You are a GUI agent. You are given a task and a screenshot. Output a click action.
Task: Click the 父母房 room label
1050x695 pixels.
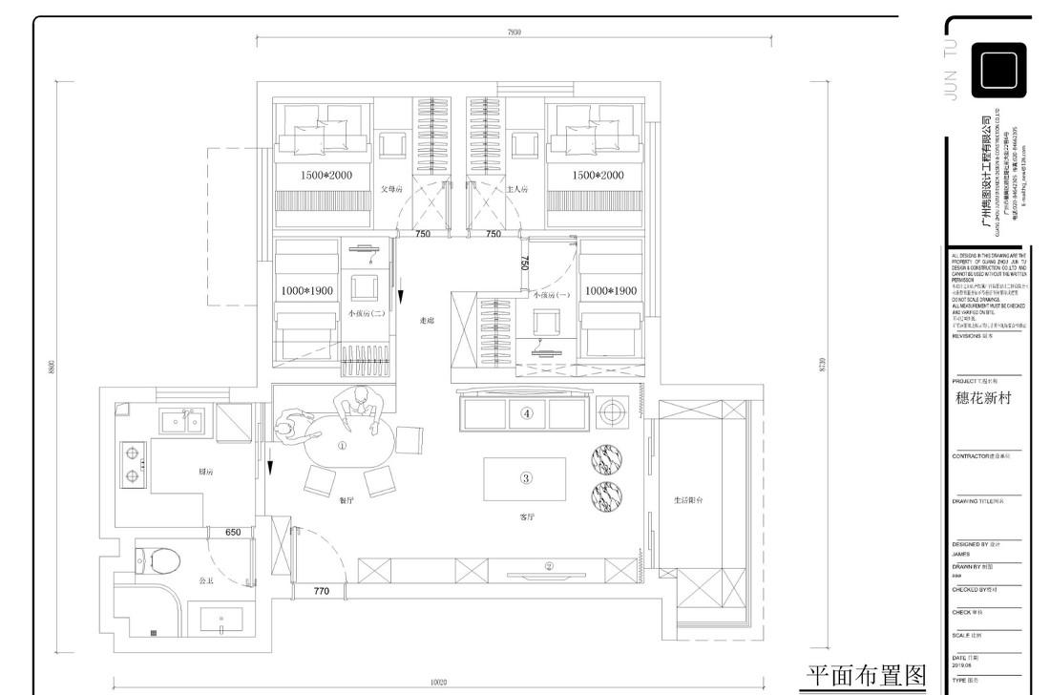(393, 189)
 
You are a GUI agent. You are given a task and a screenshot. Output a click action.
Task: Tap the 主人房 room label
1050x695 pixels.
(516, 189)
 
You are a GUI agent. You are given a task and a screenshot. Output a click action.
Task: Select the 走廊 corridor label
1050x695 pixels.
(427, 322)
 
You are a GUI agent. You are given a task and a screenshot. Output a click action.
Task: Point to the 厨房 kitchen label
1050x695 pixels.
(204, 472)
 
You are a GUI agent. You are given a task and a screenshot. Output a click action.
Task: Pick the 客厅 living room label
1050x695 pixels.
(527, 516)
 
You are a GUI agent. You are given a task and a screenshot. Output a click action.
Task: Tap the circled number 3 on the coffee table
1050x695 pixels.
(525, 478)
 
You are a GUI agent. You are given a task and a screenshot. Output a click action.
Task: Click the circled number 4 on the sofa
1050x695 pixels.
(526, 413)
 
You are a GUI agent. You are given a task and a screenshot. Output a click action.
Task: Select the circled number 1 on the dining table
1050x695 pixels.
(343, 445)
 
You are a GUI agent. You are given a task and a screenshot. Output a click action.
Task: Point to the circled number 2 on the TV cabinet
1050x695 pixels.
(549, 566)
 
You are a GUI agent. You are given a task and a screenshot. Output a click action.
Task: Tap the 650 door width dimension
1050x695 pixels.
(233, 532)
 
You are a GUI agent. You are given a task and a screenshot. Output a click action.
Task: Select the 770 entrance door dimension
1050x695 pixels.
(321, 592)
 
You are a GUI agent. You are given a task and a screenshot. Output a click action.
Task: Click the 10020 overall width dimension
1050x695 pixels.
(438, 683)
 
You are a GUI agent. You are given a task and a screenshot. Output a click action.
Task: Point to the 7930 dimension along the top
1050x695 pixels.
(514, 32)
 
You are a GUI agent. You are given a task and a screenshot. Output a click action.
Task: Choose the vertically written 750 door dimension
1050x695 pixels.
(525, 263)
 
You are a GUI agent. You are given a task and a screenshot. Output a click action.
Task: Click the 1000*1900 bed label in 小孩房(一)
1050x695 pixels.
(610, 290)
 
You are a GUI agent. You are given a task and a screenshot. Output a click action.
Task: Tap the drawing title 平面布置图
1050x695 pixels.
(867, 676)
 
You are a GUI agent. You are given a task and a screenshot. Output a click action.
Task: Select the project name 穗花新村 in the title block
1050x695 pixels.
(982, 399)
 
